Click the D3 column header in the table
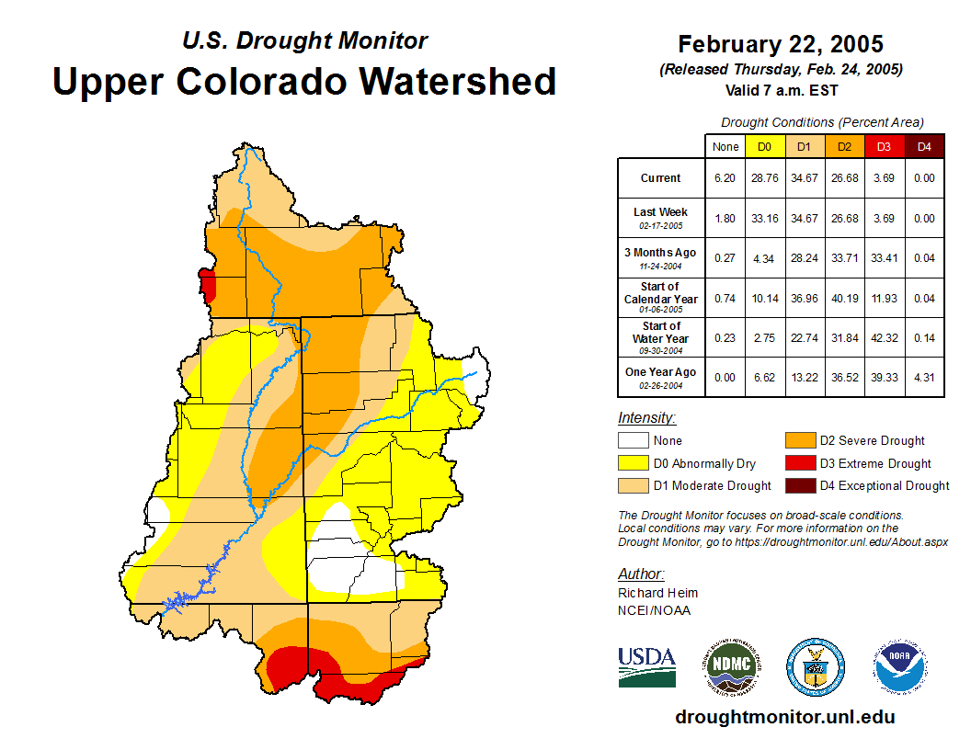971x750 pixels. [x=884, y=146]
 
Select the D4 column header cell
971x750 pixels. [x=924, y=146]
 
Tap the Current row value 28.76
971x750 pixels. [x=765, y=178]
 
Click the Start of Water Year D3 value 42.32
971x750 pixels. [x=884, y=337]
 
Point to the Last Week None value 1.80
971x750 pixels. [x=725, y=218]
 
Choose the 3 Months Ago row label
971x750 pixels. [x=661, y=257]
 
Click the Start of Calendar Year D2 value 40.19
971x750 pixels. [x=844, y=298]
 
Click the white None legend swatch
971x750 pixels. [x=634, y=441]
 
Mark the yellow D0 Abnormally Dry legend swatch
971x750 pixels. [x=634, y=463]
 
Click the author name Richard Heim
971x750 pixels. [x=657, y=593]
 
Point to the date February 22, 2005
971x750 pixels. [x=781, y=44]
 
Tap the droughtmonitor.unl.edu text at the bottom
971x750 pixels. [x=784, y=717]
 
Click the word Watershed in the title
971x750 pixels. [x=459, y=81]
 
